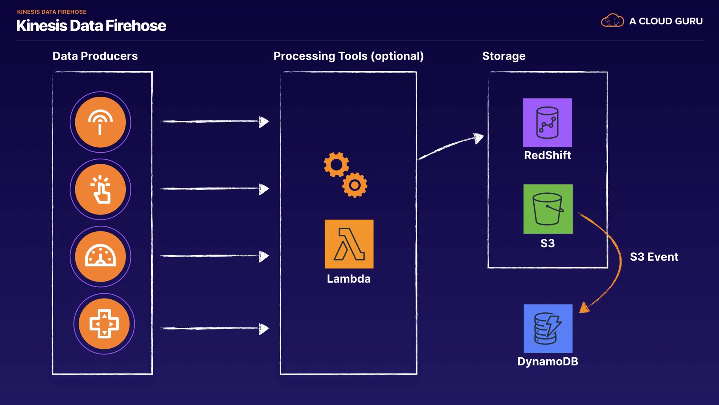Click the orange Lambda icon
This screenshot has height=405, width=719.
[x=349, y=244]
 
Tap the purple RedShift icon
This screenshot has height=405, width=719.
[x=547, y=123]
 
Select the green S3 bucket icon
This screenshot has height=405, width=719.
[x=548, y=209]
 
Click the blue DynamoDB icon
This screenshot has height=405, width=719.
[x=548, y=328]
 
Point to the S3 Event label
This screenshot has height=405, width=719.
[x=654, y=257]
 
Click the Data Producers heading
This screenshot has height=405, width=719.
[x=95, y=56]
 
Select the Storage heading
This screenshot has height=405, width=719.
[x=504, y=56]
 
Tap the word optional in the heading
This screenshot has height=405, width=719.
[x=397, y=56]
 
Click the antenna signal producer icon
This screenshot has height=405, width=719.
[x=100, y=122]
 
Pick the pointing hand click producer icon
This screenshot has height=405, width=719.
[x=100, y=189]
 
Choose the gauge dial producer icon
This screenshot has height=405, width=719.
[x=100, y=256]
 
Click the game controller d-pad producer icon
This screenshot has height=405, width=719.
[x=104, y=324]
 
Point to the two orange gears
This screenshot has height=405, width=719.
[x=345, y=175]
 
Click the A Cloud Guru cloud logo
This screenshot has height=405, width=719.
[x=612, y=21]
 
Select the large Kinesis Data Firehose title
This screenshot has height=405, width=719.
[x=91, y=26]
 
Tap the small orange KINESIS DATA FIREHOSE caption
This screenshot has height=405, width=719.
[x=52, y=12]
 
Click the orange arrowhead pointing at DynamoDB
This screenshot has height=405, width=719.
[x=584, y=308]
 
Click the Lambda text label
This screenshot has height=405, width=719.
[x=349, y=279]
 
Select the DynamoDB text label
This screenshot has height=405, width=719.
[x=547, y=361]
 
